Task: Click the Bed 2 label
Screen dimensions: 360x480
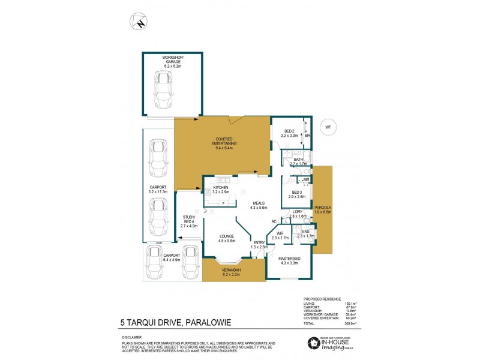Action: pos(289,133)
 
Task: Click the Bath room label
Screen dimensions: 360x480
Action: pos(298,161)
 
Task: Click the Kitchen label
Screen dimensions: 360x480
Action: pos(221,191)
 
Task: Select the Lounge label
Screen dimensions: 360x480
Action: pos(227,238)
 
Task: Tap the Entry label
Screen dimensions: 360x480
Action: pos(259,245)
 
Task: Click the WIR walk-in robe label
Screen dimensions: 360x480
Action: pos(280,236)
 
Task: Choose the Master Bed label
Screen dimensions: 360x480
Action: pos(289,260)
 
